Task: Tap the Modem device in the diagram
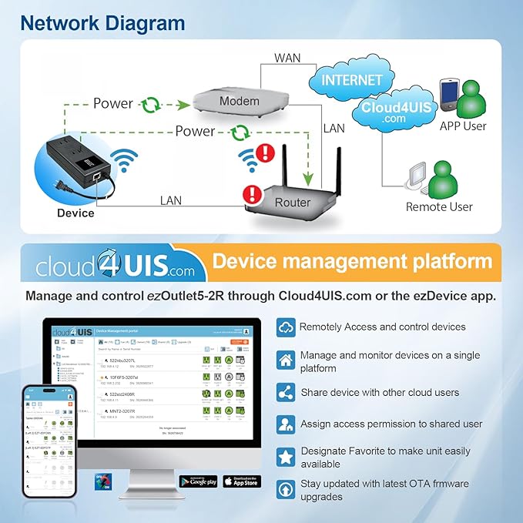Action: [240, 102]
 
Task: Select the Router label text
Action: [293, 203]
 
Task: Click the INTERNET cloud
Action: [351, 80]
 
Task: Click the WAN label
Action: [287, 59]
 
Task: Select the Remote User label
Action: [439, 206]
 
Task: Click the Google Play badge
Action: [199, 481]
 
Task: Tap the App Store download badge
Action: [241, 481]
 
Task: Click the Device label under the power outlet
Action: [75, 213]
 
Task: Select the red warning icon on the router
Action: [252, 194]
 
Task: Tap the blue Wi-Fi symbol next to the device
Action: [120, 162]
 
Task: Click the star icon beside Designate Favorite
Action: [286, 457]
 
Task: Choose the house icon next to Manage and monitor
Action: [286, 360]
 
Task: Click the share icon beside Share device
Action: [286, 392]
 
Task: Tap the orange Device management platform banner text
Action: [352, 261]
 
